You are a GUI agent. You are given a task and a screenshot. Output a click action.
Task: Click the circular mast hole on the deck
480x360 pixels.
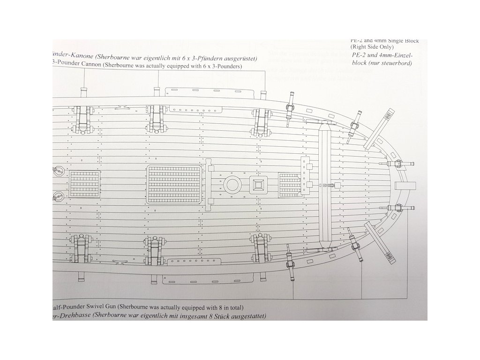pyautogui.click(x=232, y=184)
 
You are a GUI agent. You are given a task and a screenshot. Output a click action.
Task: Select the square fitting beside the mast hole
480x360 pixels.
pyautogui.click(x=258, y=184)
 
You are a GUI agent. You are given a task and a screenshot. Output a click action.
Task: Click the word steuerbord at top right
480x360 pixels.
pyautogui.click(x=394, y=63)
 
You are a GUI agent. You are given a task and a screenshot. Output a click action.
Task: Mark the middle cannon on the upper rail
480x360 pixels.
pyautogui.click(x=156, y=119)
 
